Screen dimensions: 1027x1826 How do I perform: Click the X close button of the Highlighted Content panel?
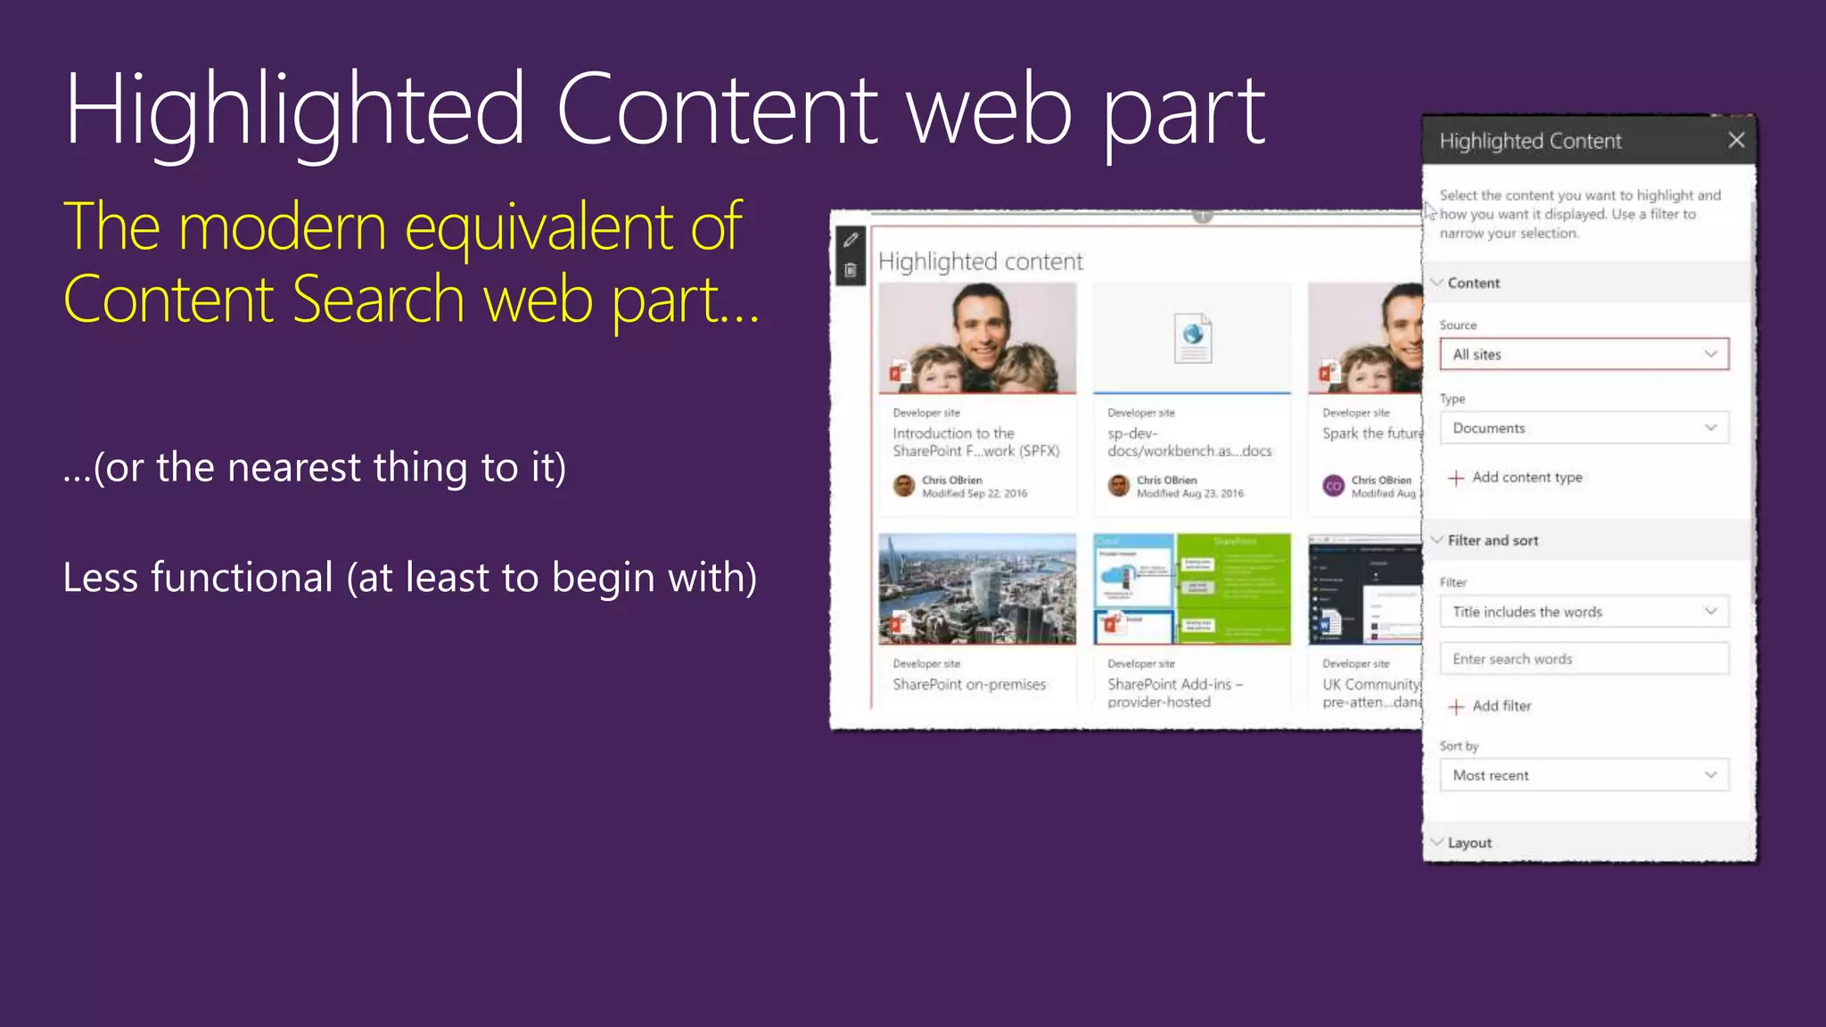1736,140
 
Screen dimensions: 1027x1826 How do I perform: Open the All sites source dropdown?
1583,354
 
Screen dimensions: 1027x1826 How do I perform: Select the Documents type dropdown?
1583,428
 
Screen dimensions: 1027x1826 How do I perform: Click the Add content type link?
1526,478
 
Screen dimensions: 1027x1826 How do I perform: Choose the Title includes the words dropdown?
1583,612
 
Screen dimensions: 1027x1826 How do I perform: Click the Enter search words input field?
1583,659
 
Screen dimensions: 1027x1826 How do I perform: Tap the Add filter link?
1501,706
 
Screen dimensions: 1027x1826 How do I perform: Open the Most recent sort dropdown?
1583,776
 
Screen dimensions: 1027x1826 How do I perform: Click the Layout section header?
1469,842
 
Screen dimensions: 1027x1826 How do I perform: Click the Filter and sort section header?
1493,540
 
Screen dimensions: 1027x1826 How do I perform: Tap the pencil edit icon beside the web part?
851,240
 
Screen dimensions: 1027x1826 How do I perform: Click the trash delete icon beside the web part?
851,270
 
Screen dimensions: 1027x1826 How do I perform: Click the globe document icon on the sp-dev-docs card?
1193,337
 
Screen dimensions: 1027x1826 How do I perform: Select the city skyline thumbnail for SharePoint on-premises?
977,588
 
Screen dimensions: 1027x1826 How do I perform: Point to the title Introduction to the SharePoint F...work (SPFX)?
975,442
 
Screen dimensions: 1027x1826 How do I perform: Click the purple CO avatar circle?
1334,486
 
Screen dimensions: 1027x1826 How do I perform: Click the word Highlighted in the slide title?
294,111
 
